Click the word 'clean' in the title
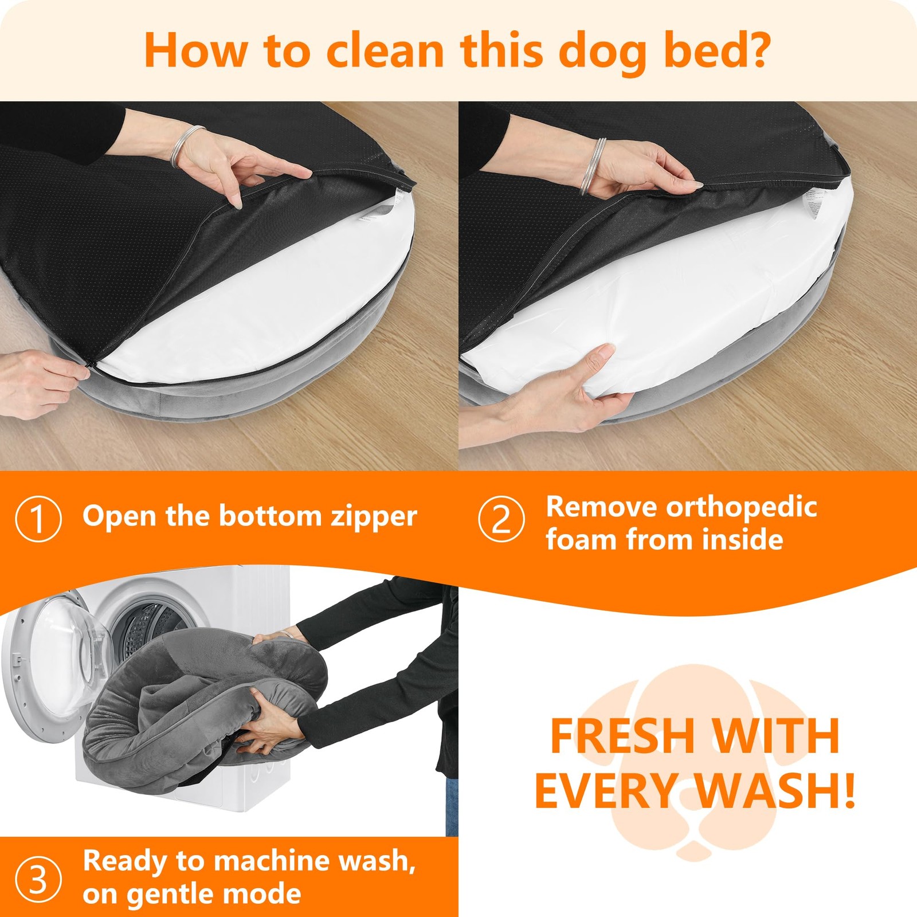point(386,50)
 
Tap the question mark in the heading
point(758,50)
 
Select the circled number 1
point(38,519)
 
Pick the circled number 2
point(501,519)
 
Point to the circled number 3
point(38,880)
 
